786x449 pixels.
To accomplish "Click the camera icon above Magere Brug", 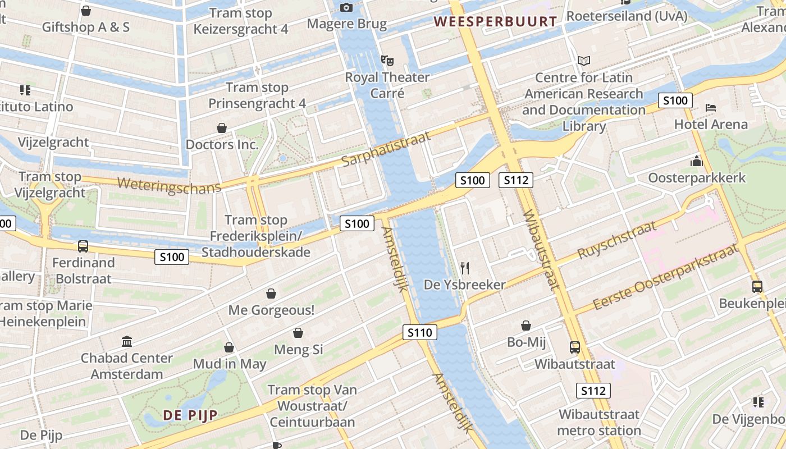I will click(346, 7).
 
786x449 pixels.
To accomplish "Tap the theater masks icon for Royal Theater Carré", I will click(387, 60).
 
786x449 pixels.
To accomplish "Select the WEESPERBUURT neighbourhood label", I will click(496, 22).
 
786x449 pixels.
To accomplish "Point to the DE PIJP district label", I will click(190, 415).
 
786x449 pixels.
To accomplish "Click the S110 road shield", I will click(419, 333).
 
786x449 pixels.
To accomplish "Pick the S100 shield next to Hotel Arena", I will click(675, 100).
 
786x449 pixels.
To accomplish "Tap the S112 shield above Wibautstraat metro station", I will click(593, 391).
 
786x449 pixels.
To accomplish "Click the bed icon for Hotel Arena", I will click(711, 107).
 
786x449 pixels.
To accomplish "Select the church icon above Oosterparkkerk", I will click(697, 161).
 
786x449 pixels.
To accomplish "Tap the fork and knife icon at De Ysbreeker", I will click(464, 268).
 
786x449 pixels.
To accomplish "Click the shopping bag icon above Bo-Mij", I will click(526, 325).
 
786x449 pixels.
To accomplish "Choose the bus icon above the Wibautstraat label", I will click(574, 347).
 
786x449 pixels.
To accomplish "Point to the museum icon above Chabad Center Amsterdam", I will click(127, 341).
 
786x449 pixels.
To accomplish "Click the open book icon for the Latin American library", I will click(584, 61).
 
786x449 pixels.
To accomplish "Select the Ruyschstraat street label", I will click(616, 240).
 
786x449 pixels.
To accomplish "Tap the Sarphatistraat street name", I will click(386, 149).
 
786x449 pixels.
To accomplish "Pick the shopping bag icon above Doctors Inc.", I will click(222, 128).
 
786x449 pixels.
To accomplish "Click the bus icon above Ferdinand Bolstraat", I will click(83, 246).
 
